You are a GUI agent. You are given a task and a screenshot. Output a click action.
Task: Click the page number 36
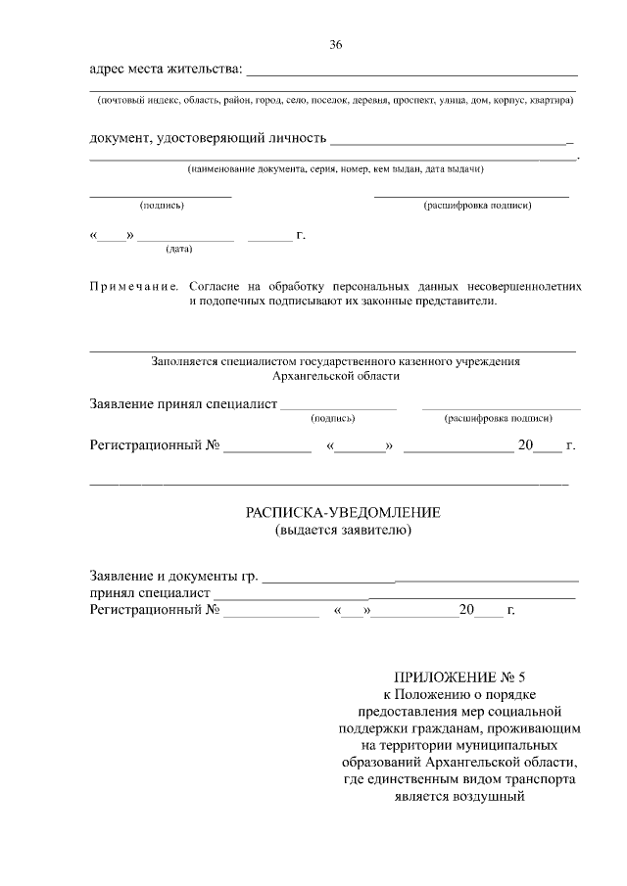[336, 45]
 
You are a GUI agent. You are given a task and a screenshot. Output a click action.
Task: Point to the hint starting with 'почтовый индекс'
[334, 100]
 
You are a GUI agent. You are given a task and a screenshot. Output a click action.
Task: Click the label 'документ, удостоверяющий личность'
[209, 138]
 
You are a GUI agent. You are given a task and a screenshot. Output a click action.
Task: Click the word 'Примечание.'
[134, 286]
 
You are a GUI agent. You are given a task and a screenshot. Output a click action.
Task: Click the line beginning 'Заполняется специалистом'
[335, 361]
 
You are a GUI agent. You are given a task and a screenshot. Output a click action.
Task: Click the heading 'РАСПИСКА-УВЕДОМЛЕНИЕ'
[343, 512]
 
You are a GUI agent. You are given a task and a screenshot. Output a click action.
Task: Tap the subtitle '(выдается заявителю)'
[343, 531]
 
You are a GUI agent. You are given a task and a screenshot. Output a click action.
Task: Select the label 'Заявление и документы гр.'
[174, 575]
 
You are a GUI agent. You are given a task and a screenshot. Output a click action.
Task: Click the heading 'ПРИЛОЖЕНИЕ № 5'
[459, 676]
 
